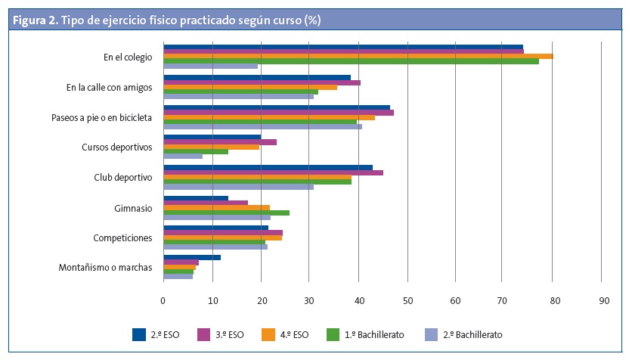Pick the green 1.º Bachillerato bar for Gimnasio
pos(226,213)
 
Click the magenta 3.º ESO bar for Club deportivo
pos(273,172)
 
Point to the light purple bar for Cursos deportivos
pos(183,157)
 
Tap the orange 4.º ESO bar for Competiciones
pos(222,237)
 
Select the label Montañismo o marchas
pos(105,268)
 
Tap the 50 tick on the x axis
pos(407,300)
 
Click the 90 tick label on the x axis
pos(602,300)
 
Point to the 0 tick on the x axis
pos(163,300)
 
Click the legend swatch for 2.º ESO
pos(138,334)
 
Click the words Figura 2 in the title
pos(34,20)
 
